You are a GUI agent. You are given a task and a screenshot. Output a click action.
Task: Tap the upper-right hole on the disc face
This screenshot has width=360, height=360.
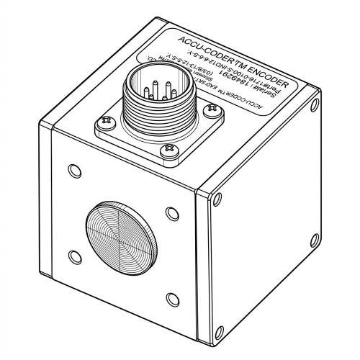pyautogui.click(x=170, y=213)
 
